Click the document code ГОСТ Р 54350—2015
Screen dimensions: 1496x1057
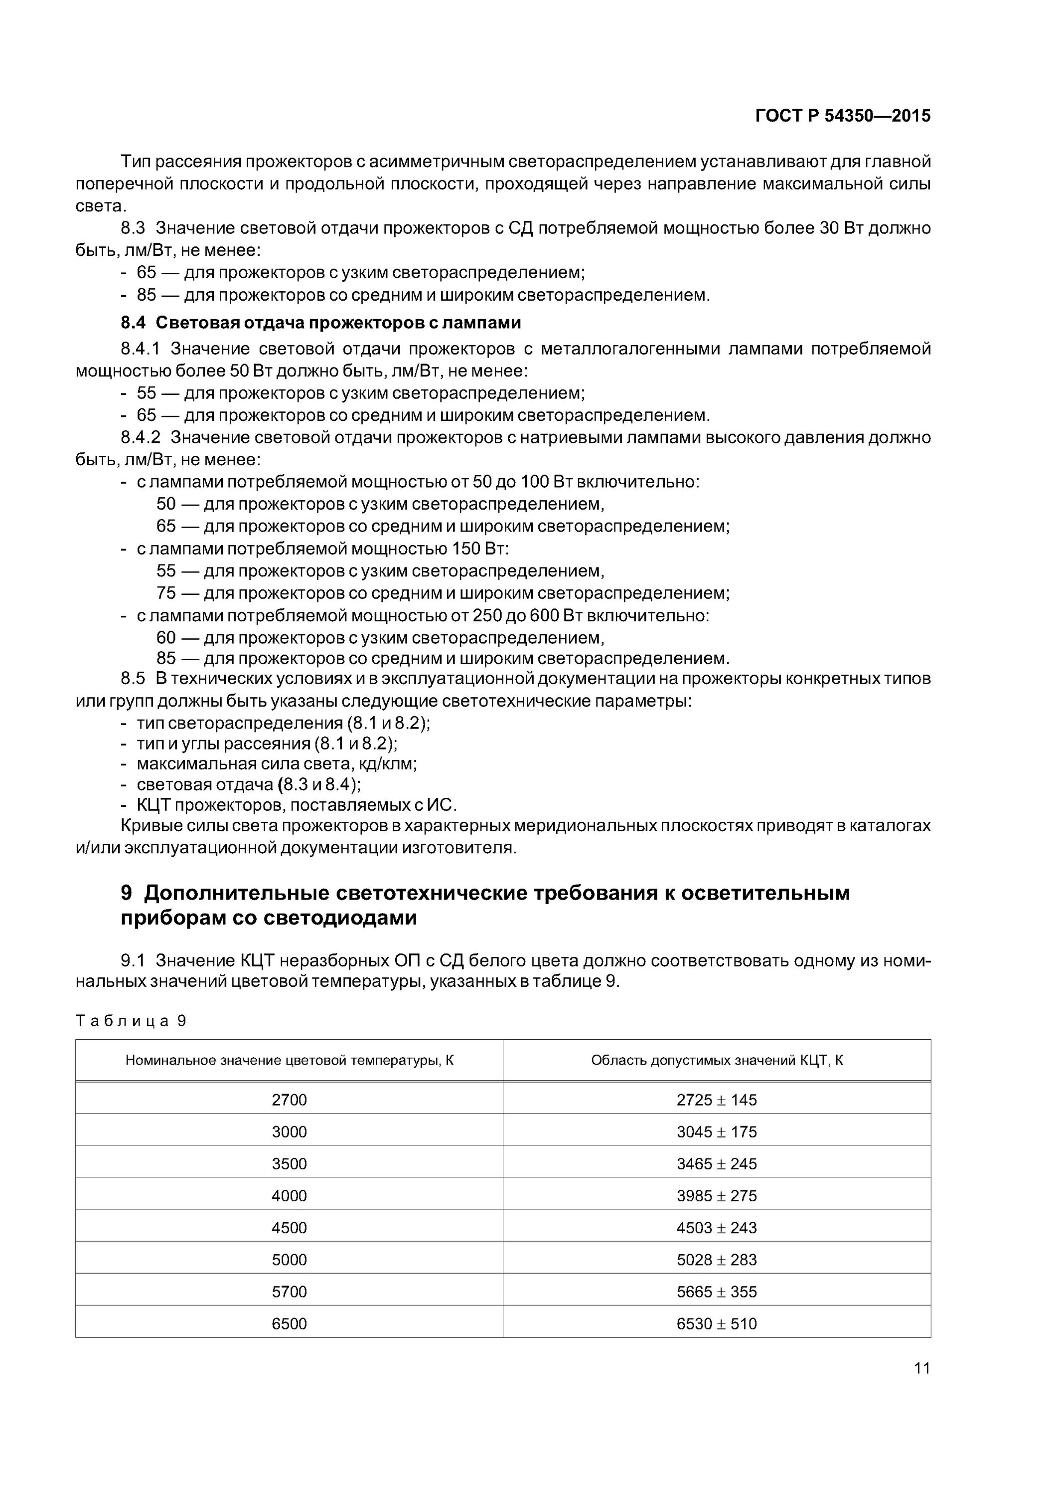pos(843,116)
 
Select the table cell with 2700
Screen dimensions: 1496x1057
pos(289,1100)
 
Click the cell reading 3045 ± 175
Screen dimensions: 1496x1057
pos(717,1132)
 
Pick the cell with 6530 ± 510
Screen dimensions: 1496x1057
pos(717,1323)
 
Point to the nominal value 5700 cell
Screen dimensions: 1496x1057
pos(289,1292)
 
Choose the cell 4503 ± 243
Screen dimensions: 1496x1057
pos(717,1228)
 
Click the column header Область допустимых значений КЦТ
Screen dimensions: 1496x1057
pos(717,1060)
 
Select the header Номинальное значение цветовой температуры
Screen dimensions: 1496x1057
pos(289,1060)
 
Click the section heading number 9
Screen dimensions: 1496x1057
pos(127,893)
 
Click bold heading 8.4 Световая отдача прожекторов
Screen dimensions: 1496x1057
pos(320,323)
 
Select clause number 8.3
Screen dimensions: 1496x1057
pos(133,228)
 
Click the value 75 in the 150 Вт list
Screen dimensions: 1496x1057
pos(166,593)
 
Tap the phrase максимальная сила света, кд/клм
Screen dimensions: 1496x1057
pos(276,763)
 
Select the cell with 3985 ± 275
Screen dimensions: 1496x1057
pos(717,1196)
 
